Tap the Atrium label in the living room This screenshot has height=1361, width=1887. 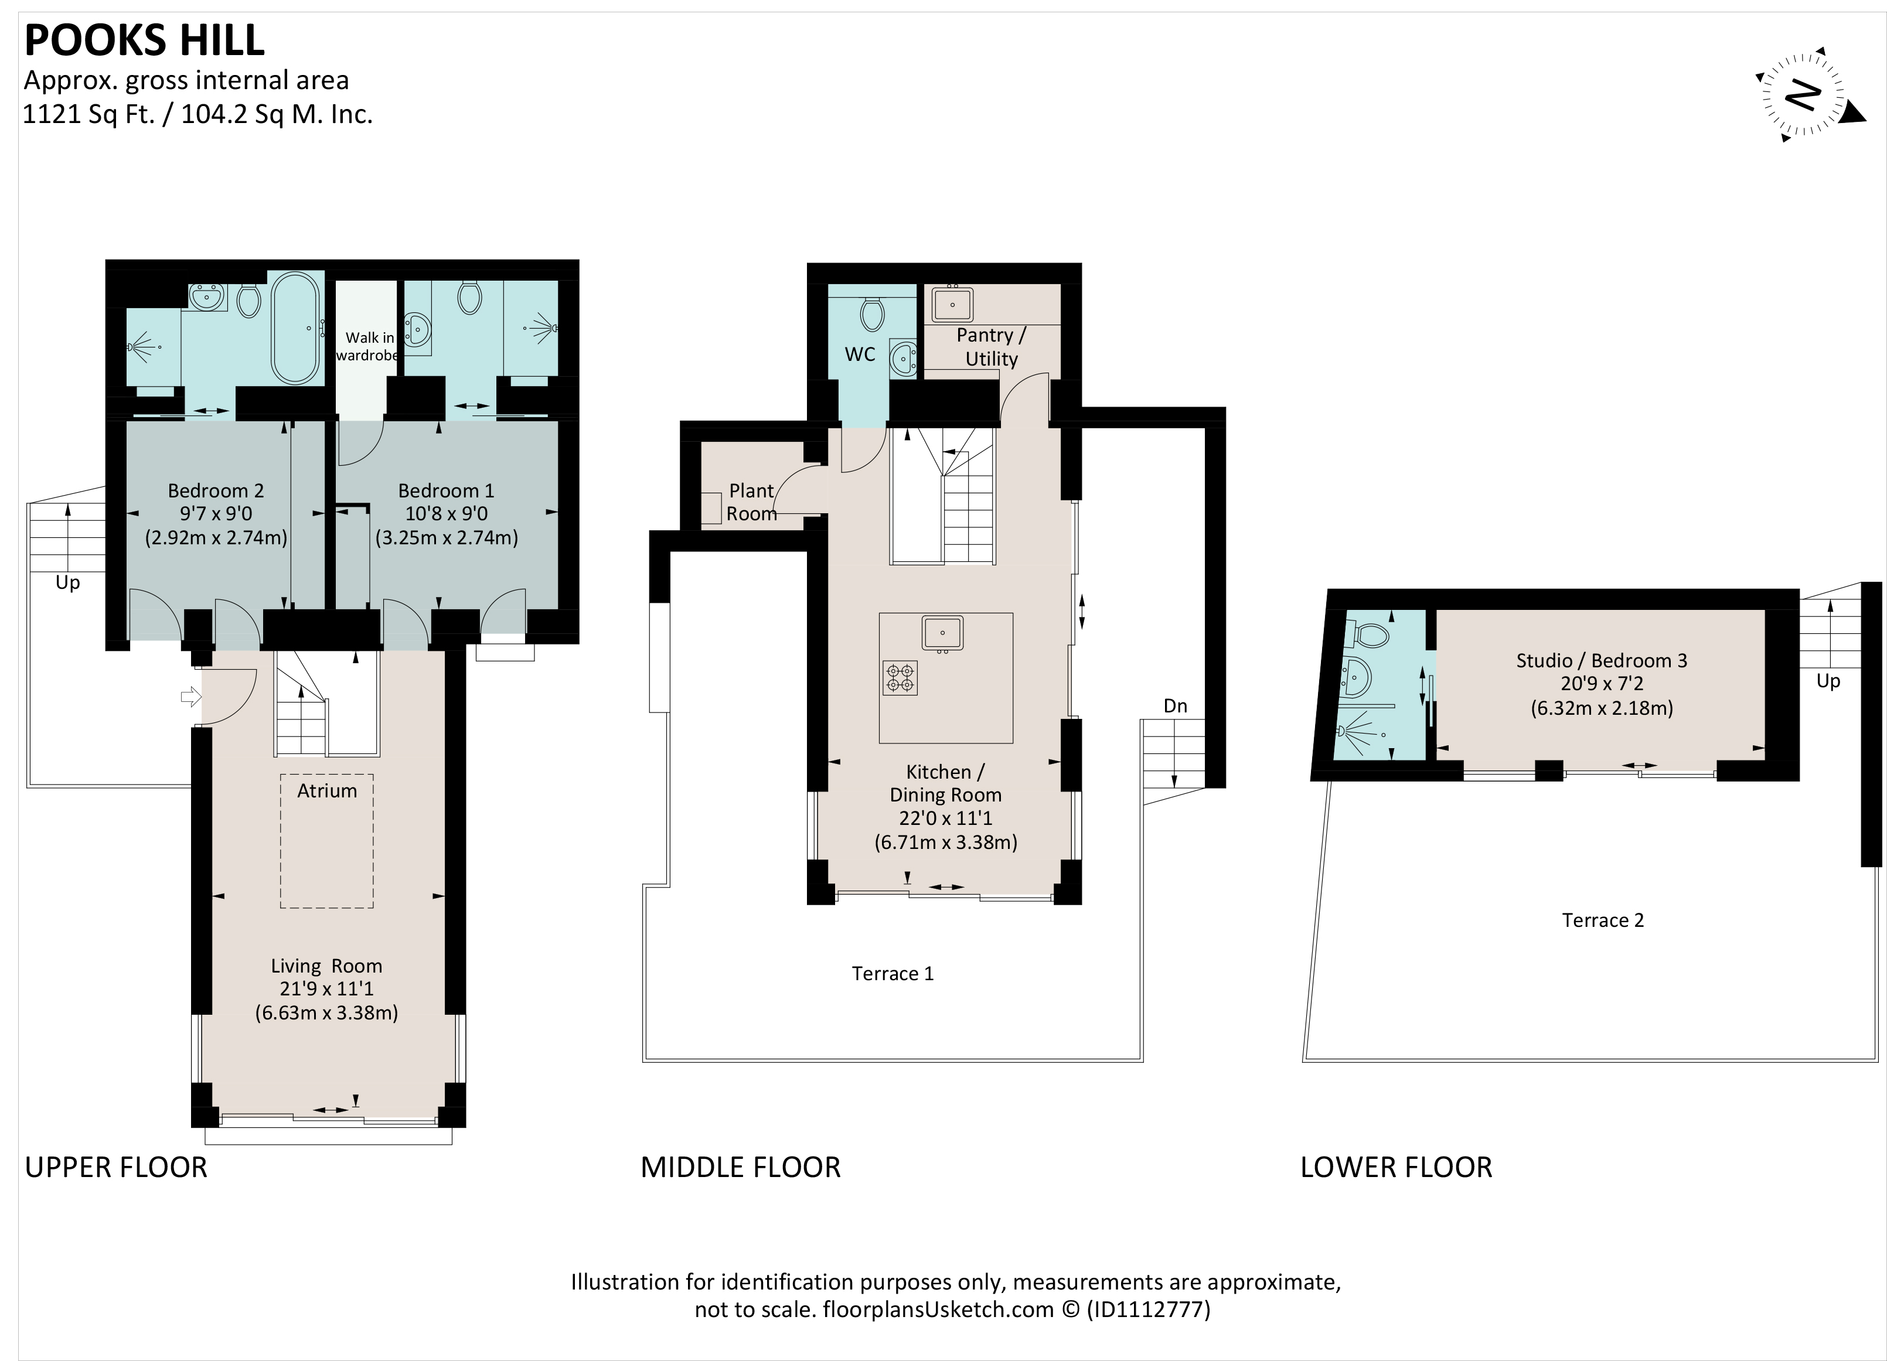point(327,791)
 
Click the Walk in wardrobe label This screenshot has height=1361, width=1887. point(368,346)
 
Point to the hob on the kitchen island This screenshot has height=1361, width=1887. point(900,678)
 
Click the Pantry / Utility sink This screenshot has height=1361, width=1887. point(952,303)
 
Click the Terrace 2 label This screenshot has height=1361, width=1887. point(1602,920)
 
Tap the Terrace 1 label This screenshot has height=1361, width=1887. point(893,973)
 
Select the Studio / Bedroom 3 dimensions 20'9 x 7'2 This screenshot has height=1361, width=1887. point(1602,684)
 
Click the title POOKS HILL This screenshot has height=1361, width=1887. point(145,40)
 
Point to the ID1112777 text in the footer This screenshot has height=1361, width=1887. point(1147,1309)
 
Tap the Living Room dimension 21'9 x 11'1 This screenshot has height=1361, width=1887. point(326,988)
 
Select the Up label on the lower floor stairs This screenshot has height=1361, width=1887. point(1828,681)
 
